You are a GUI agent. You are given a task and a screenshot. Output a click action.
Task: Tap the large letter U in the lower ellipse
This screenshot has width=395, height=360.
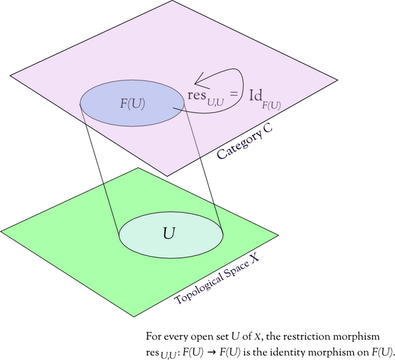click(x=169, y=232)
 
